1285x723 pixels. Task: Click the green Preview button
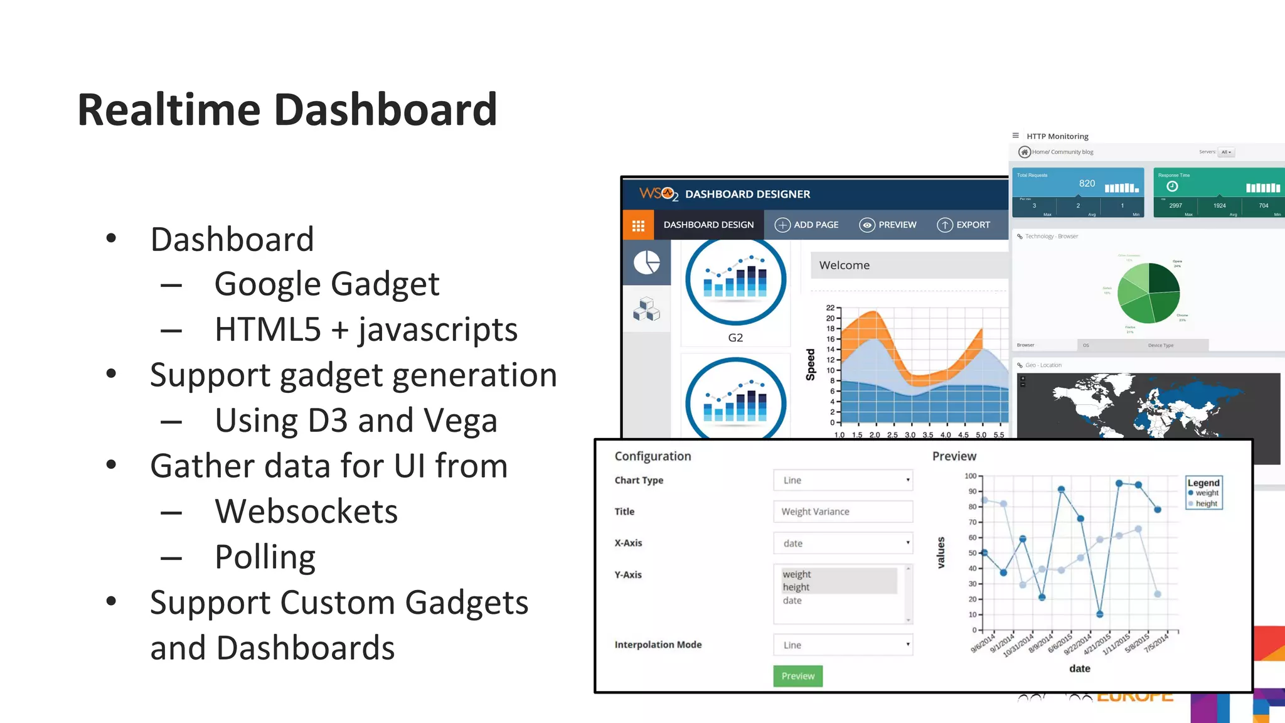pyautogui.click(x=797, y=676)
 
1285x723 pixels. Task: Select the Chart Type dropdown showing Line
pyautogui.click(x=843, y=480)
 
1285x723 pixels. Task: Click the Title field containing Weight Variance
pyautogui.click(x=843, y=511)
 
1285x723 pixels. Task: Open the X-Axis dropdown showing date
pyautogui.click(x=843, y=543)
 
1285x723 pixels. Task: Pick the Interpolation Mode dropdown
pyautogui.click(x=843, y=645)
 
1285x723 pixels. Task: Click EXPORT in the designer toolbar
pyautogui.click(x=964, y=225)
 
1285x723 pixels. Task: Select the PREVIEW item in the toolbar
pyautogui.click(x=888, y=225)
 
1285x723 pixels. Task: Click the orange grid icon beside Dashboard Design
pyautogui.click(x=638, y=225)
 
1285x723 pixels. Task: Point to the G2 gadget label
pyautogui.click(x=735, y=338)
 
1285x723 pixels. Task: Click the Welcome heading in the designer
pyautogui.click(x=845, y=265)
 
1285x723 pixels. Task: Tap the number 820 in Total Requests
pyautogui.click(x=1087, y=183)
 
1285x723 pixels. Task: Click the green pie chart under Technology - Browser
pyautogui.click(x=1149, y=293)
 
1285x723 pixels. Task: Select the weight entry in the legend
pyautogui.click(x=1207, y=493)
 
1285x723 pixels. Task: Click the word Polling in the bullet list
pyautogui.click(x=265, y=557)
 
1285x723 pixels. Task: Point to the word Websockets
pyautogui.click(x=306, y=511)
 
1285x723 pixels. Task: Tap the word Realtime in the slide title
pyautogui.click(x=169, y=110)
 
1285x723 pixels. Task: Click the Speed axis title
pyautogui.click(x=811, y=365)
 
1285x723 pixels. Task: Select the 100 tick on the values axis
pyautogui.click(x=970, y=476)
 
